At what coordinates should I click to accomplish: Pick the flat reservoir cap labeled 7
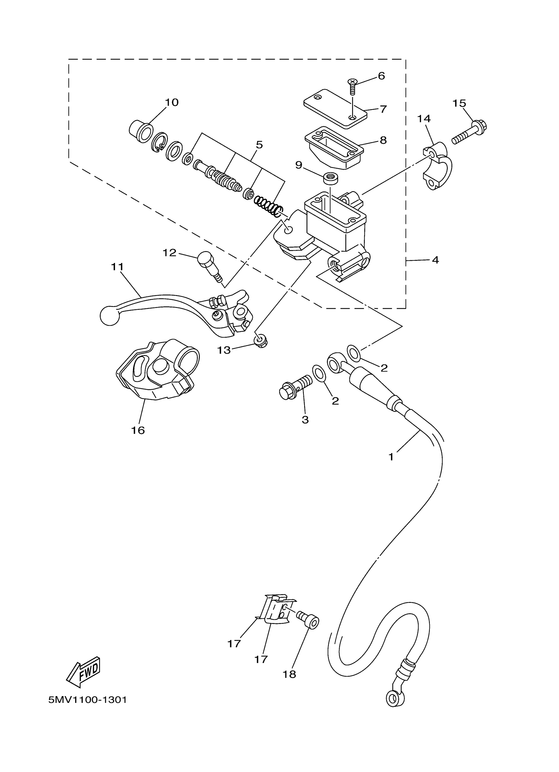click(x=335, y=109)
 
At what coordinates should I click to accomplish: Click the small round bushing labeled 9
click(x=330, y=178)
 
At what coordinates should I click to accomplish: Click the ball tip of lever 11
click(x=110, y=315)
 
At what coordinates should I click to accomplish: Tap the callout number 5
click(x=259, y=145)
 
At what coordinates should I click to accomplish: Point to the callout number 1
click(x=391, y=457)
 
